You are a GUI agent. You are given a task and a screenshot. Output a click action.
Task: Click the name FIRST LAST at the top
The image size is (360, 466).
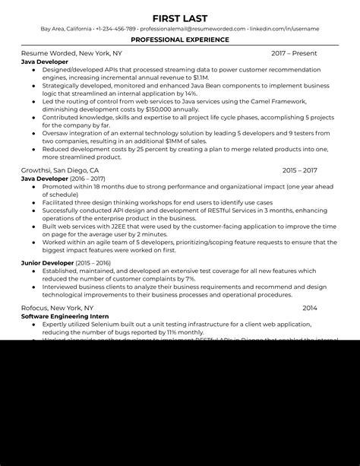click(x=180, y=17)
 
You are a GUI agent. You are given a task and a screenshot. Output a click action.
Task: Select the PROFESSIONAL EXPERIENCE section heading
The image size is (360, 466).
click(x=180, y=39)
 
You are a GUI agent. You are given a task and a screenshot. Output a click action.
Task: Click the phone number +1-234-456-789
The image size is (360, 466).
click(x=115, y=29)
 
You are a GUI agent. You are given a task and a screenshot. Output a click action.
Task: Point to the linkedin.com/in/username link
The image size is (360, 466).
click(x=286, y=29)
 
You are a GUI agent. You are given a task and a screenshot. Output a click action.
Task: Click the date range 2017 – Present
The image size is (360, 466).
click(x=294, y=54)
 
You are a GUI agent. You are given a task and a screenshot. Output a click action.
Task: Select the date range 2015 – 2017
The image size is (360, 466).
click(x=299, y=171)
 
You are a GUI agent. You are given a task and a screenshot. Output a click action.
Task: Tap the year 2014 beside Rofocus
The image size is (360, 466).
click(x=310, y=308)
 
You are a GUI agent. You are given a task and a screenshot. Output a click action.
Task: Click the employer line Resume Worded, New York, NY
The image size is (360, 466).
click(x=71, y=54)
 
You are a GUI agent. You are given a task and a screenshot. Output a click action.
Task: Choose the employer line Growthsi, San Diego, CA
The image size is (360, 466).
click(x=60, y=171)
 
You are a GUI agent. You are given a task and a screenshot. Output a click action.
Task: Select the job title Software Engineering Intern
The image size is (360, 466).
click(x=65, y=315)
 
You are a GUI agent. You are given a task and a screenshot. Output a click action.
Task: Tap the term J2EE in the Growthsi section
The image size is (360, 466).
click(x=106, y=225)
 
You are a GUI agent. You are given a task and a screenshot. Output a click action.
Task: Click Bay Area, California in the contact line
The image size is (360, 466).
click(x=66, y=29)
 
